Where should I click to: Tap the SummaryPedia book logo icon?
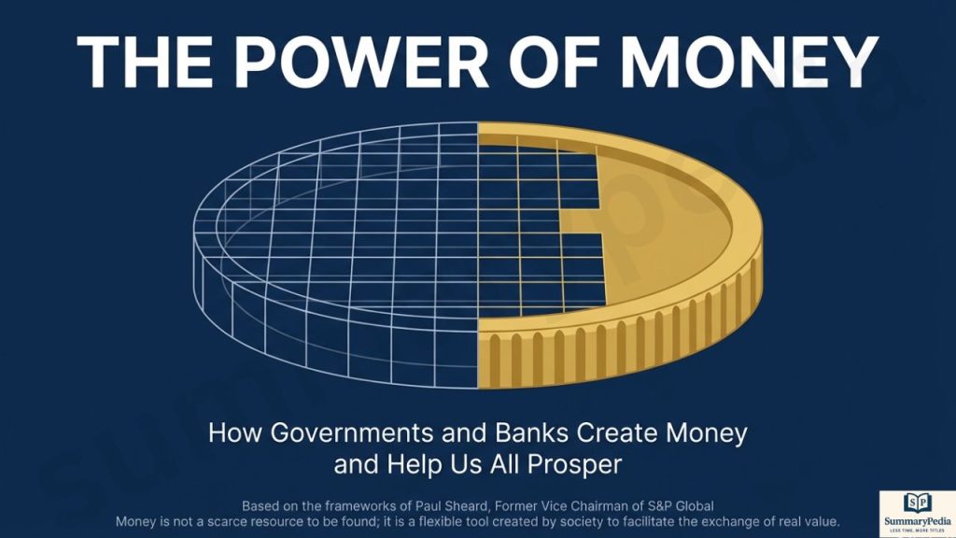918,503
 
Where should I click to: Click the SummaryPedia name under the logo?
918,521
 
